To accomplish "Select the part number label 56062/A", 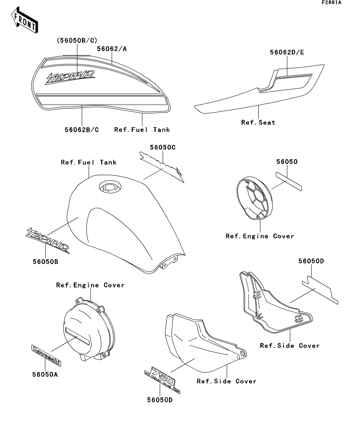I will [x=111, y=49].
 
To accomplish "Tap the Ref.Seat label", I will [x=258, y=122].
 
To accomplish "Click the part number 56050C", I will [x=162, y=147].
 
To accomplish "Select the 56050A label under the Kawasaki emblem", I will [x=45, y=374].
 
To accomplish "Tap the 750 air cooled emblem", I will [x=160, y=374].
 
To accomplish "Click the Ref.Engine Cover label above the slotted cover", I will [x=90, y=285].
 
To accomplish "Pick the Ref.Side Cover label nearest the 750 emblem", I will [x=226, y=381].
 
